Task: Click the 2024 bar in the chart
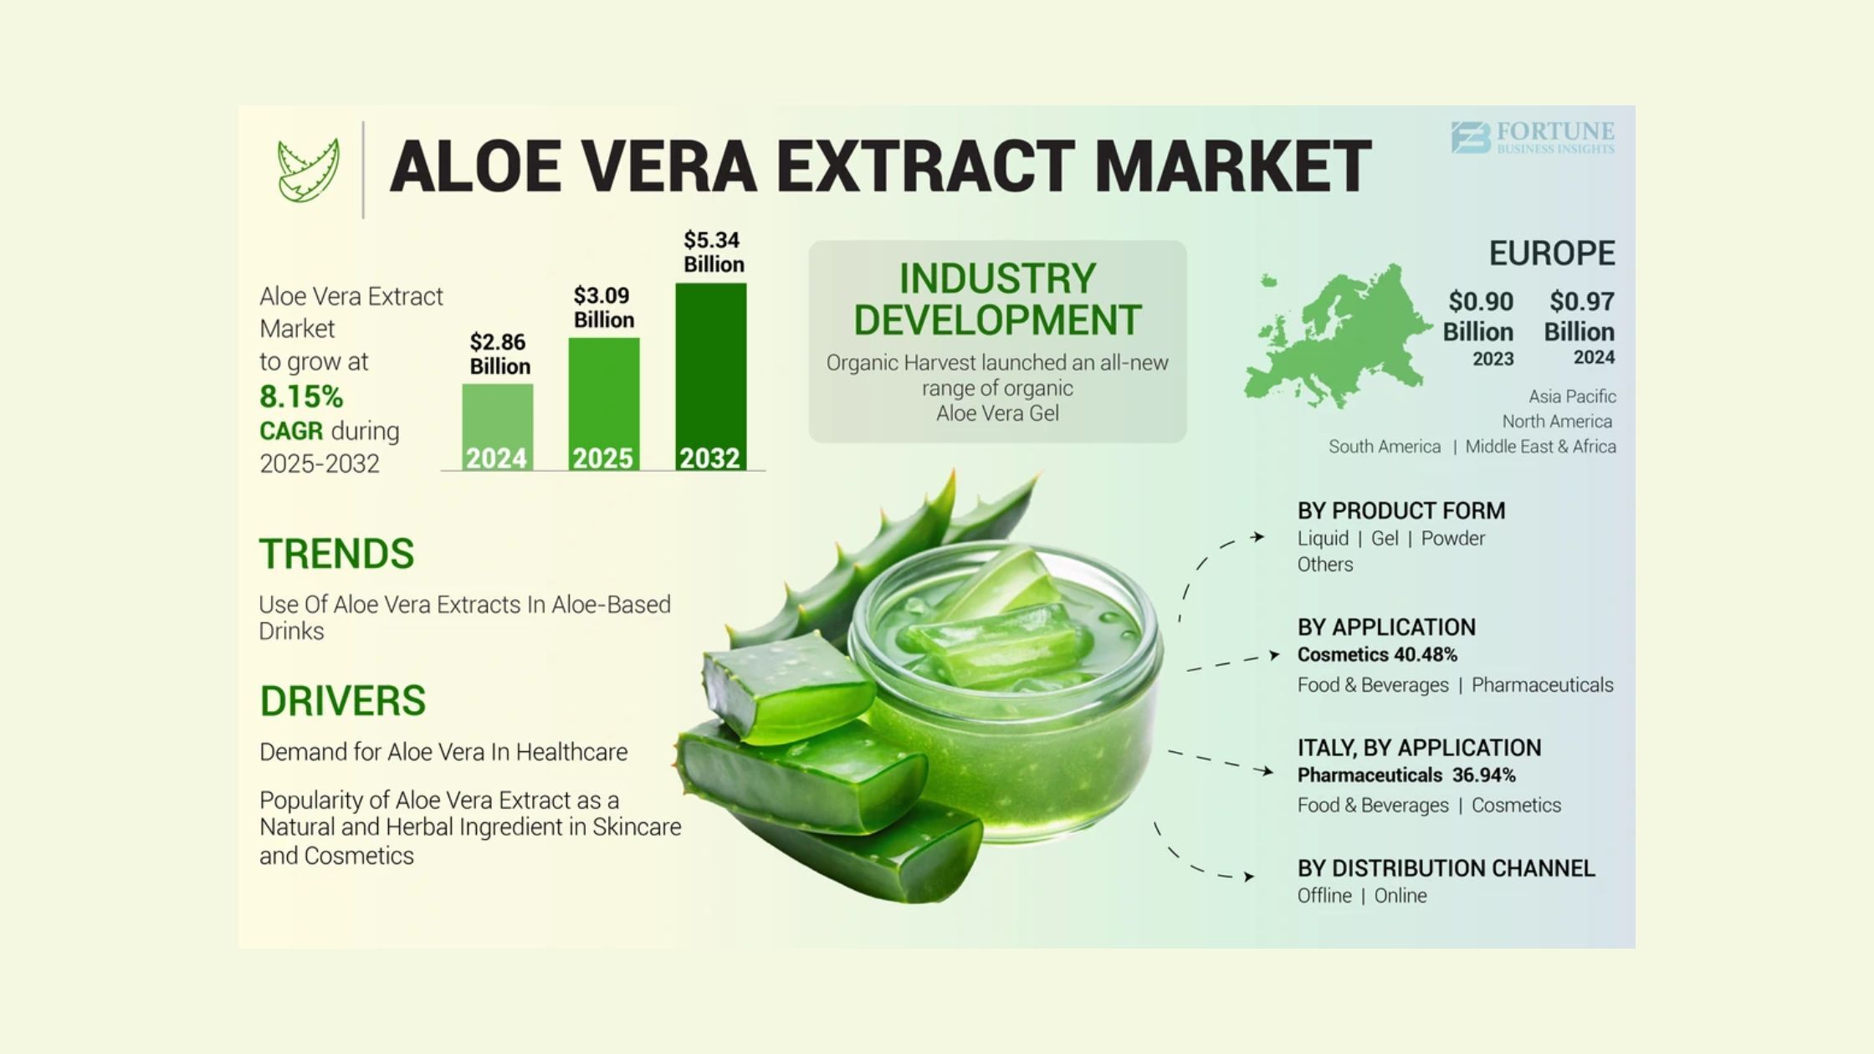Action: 497,427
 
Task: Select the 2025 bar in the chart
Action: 604,404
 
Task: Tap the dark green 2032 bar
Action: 711,376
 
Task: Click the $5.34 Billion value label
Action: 713,252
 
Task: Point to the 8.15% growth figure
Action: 301,396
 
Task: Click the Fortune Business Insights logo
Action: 1533,138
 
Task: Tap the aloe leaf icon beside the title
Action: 308,170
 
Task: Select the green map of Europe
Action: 1337,336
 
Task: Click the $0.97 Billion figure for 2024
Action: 1580,316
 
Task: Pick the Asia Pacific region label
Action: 1572,397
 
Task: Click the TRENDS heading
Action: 336,554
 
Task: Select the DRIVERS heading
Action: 342,701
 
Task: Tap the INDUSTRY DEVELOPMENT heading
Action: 997,299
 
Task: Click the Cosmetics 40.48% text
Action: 1377,654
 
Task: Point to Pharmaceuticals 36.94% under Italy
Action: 1406,775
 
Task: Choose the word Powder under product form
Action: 1453,539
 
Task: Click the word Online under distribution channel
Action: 1400,896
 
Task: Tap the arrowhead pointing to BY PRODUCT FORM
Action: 1257,537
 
